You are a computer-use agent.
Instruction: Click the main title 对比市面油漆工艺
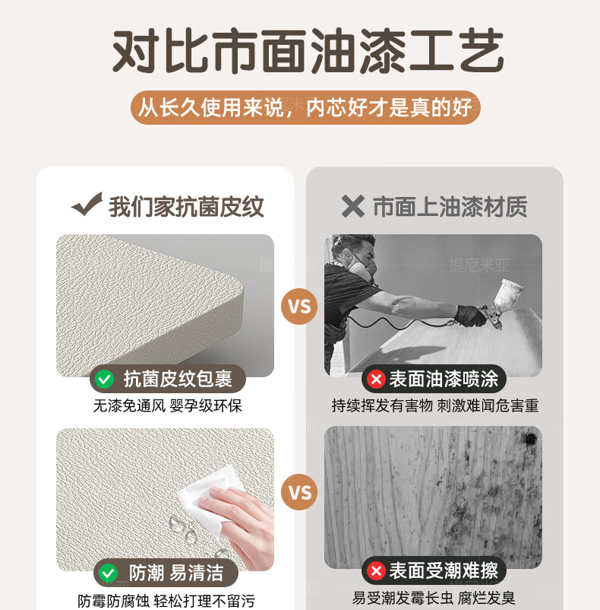pos(308,50)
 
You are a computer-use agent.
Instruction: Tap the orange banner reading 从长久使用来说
pos(305,107)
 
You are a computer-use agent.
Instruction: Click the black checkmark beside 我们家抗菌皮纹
pos(87,204)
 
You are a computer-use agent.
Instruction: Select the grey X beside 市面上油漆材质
pos(353,206)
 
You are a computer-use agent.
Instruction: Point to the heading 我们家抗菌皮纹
pos(186,207)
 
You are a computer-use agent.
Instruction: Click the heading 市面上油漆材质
pos(450,207)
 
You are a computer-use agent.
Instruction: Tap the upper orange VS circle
pos(299,307)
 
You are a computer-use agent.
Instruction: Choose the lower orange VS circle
pos(299,493)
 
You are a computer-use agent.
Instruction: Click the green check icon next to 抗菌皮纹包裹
pos(105,379)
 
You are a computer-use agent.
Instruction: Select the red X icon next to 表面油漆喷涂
pos(376,379)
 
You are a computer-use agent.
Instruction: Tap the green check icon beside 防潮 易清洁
pos(108,573)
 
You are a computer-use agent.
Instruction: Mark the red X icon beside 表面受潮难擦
pos(376,571)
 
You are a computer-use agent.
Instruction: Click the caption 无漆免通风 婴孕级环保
pos(167,405)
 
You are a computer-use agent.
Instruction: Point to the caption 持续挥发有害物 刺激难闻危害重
pos(435,405)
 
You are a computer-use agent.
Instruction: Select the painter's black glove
pos(470,315)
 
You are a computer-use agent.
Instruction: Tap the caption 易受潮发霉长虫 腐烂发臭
pos(434,598)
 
